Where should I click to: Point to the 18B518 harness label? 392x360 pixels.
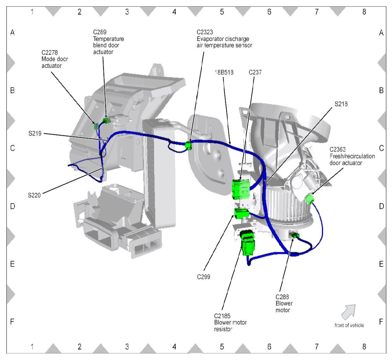pos(223,73)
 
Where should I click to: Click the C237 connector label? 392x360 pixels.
pos(255,73)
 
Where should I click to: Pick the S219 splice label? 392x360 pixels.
pos(35,134)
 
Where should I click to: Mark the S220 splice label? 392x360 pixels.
pos(34,195)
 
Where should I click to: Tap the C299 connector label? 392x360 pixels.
pos(204,276)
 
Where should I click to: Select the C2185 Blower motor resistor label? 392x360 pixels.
pos(230,322)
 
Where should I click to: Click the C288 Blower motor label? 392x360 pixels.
pos(284,303)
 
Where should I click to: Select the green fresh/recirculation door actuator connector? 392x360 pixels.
pos(309,198)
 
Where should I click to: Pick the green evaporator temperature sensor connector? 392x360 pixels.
pos(188,146)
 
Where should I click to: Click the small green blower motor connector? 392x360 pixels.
pos(295,235)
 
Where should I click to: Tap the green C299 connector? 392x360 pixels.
pos(241,213)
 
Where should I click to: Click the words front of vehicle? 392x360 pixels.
pos(349,325)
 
